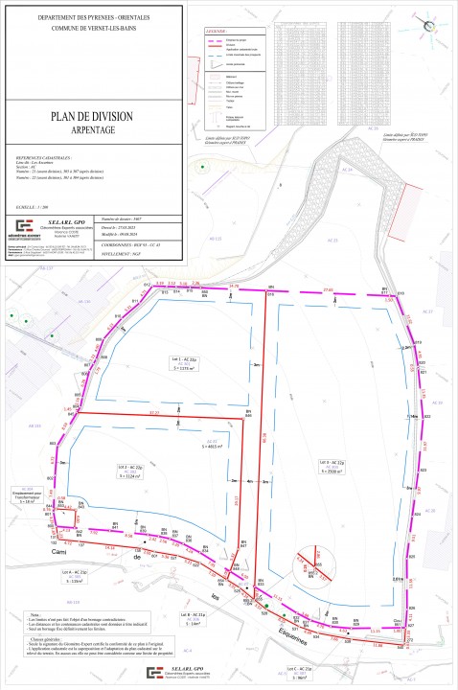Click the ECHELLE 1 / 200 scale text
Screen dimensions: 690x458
[x=33, y=206]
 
